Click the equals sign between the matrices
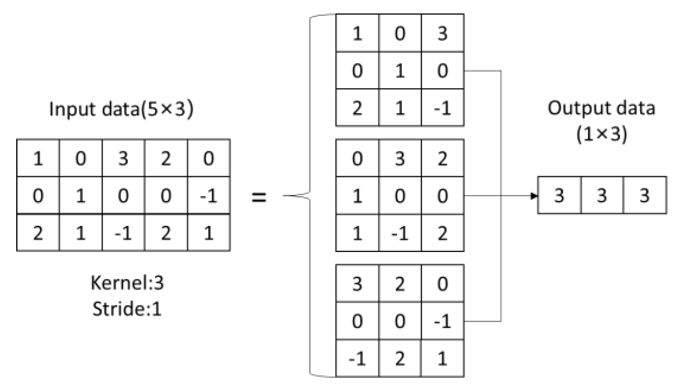259,196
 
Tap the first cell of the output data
559,195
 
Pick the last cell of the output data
644,195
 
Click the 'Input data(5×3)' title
121,109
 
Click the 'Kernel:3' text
127,283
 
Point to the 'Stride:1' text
127,308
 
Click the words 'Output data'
601,108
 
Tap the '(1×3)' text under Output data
601,134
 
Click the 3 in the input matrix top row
123,159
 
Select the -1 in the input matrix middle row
208,196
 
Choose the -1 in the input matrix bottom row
123,233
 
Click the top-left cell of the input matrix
38,159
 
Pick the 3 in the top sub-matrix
442,33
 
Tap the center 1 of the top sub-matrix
400,71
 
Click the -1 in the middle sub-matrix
400,233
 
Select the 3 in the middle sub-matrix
400,159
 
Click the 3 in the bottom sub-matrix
357,284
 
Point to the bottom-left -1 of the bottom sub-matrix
357,359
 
